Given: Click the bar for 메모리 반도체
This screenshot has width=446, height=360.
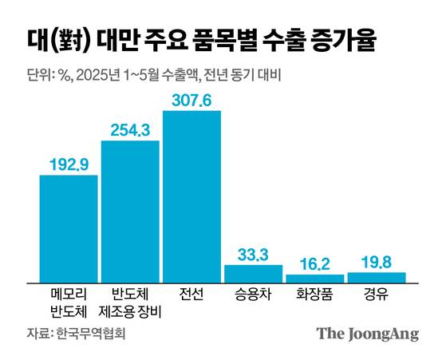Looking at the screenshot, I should click(x=69, y=228).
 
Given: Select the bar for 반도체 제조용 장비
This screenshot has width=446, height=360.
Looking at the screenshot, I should click(x=130, y=212).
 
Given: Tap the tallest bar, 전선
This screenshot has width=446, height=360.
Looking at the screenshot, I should click(x=191, y=196).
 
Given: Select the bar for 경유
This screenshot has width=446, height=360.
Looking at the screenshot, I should click(x=376, y=277).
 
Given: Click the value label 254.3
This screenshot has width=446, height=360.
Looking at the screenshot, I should click(x=130, y=129).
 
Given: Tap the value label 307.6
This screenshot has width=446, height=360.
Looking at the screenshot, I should click(x=191, y=98).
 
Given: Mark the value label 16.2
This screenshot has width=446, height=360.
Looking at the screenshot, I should click(x=314, y=263).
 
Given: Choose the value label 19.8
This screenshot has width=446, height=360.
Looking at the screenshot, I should click(x=376, y=261).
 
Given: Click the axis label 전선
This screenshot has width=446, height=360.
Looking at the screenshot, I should click(x=191, y=293).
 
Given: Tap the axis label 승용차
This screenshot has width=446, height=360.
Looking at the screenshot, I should click(x=253, y=293).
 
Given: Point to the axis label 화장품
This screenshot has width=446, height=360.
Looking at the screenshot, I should click(x=314, y=293).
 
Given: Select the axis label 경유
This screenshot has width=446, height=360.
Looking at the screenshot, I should click(x=376, y=293).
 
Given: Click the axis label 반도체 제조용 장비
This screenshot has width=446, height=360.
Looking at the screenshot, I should click(x=130, y=301).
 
